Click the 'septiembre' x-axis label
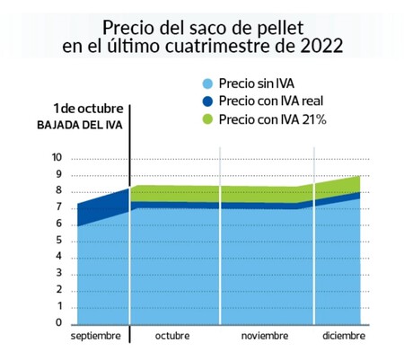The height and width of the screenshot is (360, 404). click(x=94, y=336)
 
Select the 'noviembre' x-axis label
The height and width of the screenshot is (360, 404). click(x=265, y=336)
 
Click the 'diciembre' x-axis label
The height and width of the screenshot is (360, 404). click(x=344, y=336)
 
